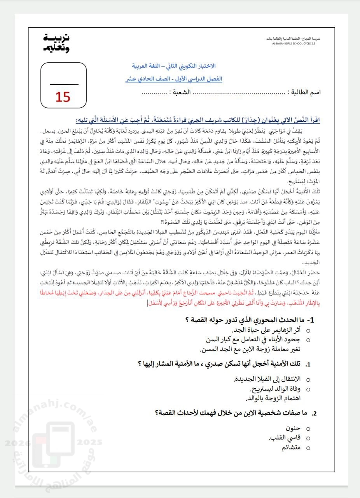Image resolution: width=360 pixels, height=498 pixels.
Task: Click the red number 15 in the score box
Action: (63, 97)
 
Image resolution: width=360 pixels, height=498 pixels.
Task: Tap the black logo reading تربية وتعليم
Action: (56, 43)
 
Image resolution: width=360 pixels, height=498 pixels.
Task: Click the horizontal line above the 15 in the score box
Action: (64, 84)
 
